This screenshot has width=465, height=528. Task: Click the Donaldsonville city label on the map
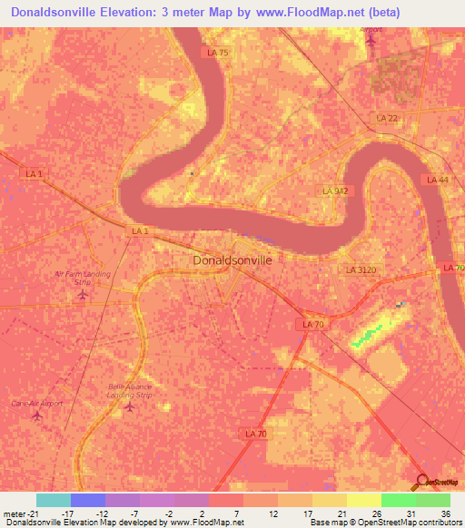tap(232, 259)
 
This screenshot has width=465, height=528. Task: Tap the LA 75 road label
tap(218, 54)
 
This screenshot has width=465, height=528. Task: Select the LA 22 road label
tap(387, 119)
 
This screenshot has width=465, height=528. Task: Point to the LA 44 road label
tap(438, 181)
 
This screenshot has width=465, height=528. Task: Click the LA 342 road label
tap(335, 191)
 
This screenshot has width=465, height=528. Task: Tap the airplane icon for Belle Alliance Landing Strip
tap(128, 406)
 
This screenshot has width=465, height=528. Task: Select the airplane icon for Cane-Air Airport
tap(37, 416)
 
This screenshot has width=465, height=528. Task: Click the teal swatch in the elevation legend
tap(54, 500)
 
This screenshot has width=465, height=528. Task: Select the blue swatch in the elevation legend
tap(87, 500)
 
